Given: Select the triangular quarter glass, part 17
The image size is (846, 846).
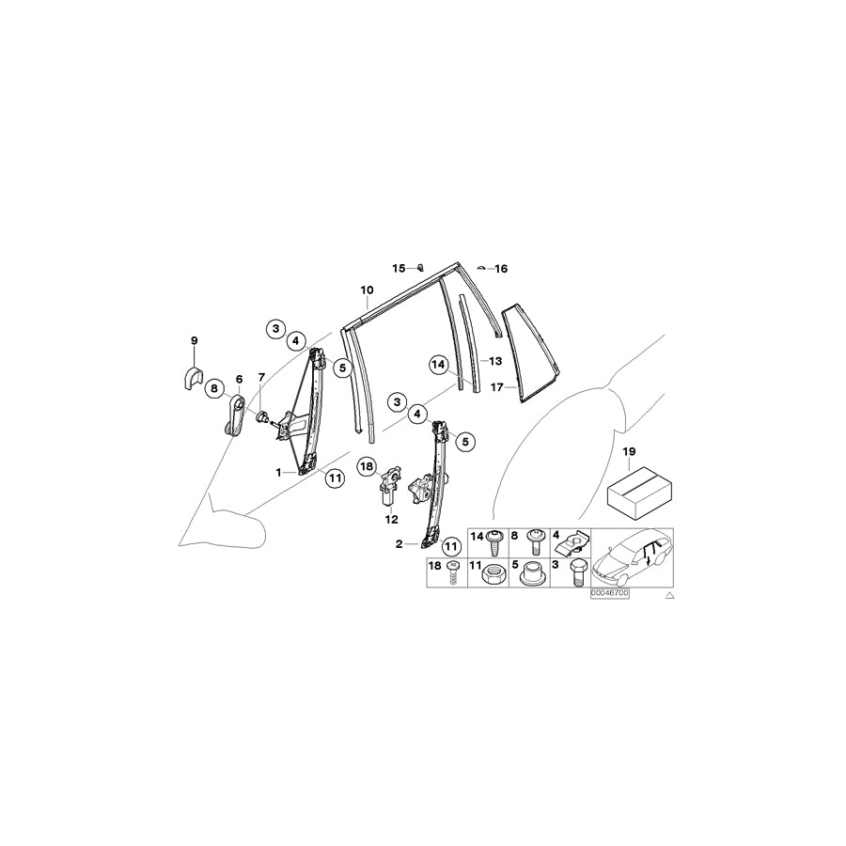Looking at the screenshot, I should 529,352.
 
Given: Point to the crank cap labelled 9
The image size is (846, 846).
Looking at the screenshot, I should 194,377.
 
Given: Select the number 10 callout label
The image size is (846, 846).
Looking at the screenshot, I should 367,290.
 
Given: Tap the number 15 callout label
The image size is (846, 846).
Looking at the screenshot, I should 399,268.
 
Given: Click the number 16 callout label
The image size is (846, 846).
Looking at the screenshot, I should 501,269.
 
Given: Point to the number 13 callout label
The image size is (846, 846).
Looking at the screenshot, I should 494,361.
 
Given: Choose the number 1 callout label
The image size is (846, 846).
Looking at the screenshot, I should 279,472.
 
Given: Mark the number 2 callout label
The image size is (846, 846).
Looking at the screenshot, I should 399,544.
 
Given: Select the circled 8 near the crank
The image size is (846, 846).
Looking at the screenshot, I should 213,386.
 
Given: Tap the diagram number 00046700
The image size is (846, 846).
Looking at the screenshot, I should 609,594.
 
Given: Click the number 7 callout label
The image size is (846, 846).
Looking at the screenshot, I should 261,378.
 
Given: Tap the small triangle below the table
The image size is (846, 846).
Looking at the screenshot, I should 669,596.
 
